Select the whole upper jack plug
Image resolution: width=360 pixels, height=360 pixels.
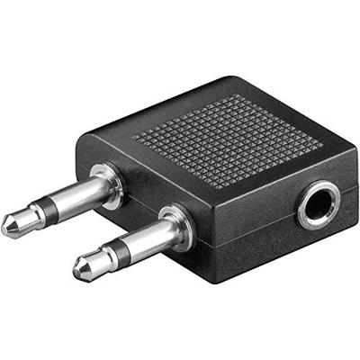(x=58, y=206)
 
